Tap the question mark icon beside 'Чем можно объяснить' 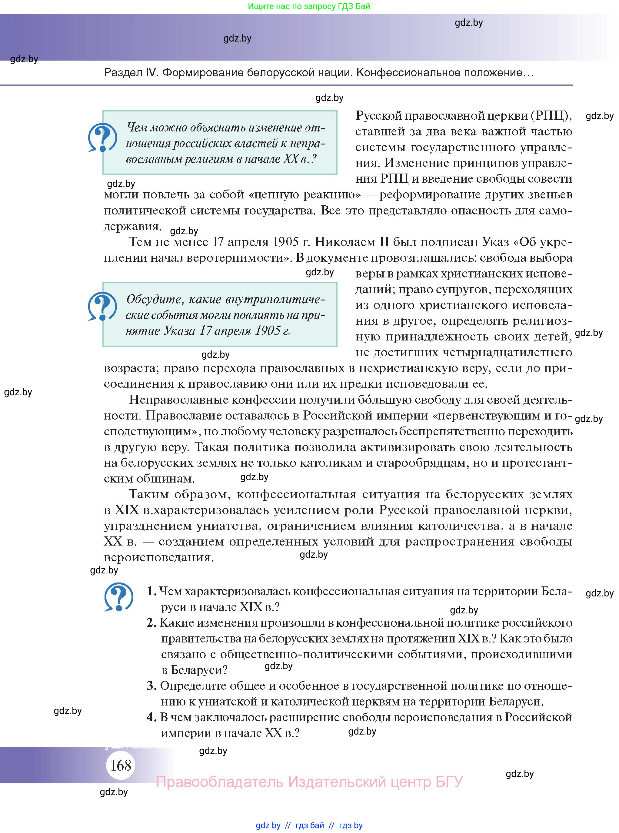pos(102,138)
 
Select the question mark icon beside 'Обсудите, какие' pos(102,306)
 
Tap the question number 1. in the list pos(151,591)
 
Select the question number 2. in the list pos(151,622)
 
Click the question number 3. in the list pos(151,685)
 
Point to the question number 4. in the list pos(151,717)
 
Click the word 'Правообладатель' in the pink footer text pos(219,782)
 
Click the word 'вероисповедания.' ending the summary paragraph pos(159,557)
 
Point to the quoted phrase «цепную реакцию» pos(304,194)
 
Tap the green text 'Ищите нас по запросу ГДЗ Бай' pos(309,6)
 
